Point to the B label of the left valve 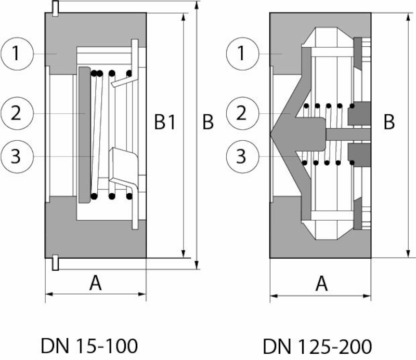pyautogui.click(x=207, y=123)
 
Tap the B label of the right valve pyautogui.click(x=389, y=123)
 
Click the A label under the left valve pyautogui.click(x=95, y=284)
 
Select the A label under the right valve pyautogui.click(x=322, y=284)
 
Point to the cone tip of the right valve pyautogui.click(x=272, y=134)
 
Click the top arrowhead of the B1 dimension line pyautogui.click(x=184, y=16)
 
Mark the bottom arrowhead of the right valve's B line pyautogui.click(x=407, y=255)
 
